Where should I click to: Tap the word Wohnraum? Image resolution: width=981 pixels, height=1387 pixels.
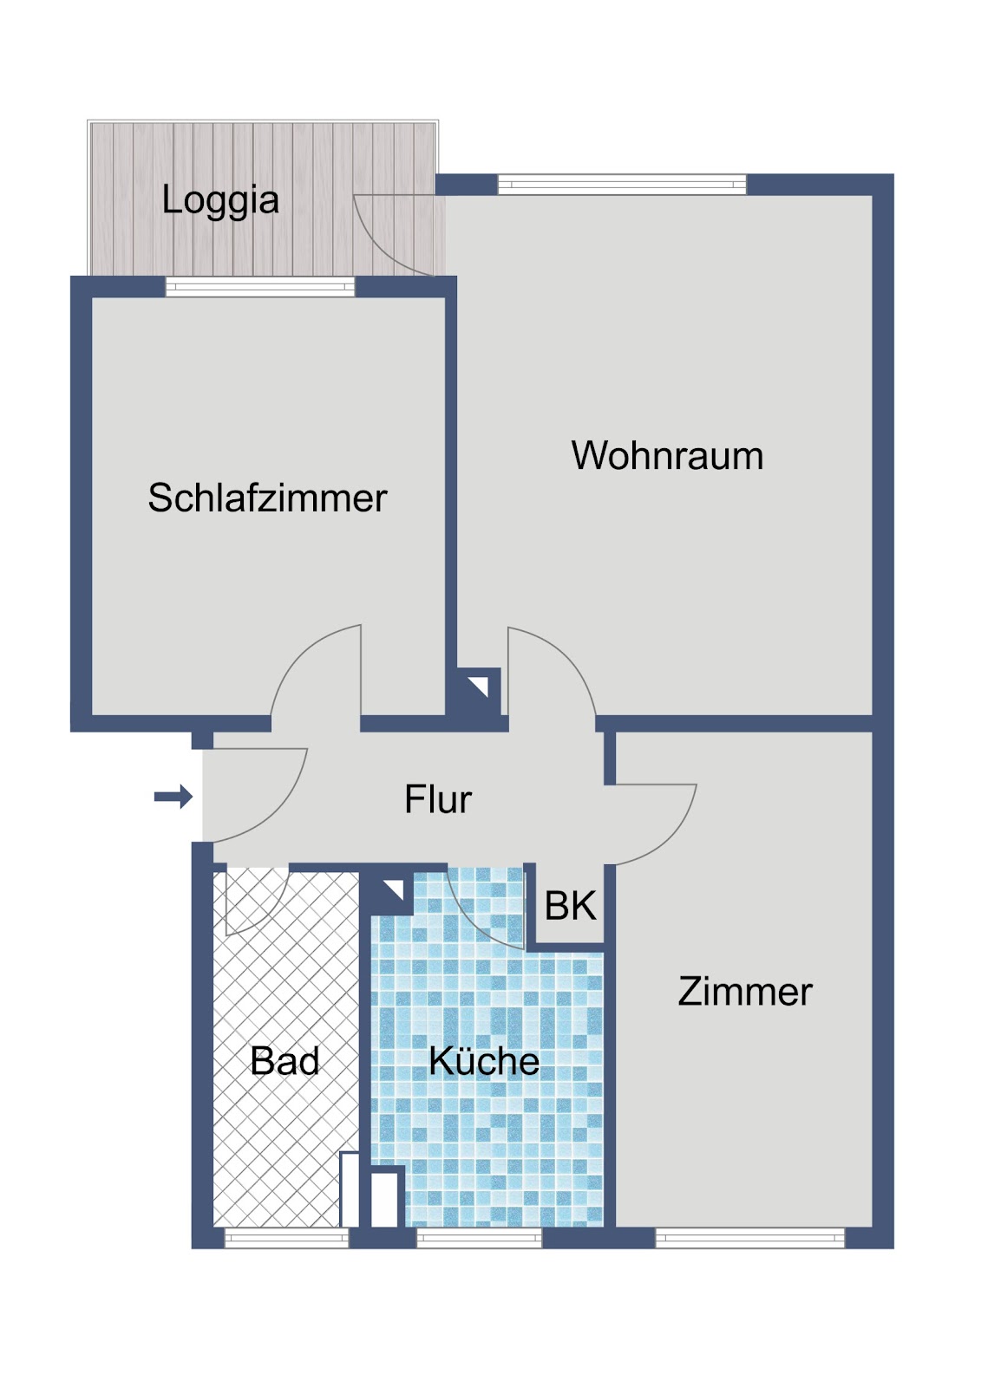(667, 456)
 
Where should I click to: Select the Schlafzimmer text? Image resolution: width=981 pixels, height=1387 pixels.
(267, 498)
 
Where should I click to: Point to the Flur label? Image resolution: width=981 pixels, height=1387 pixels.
(438, 798)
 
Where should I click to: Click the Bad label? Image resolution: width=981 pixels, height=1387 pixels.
(284, 1061)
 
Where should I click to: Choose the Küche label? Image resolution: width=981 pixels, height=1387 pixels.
(484, 1061)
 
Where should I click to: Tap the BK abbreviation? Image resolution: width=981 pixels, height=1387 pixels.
(570, 905)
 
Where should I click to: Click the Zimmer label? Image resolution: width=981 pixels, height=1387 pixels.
(745, 992)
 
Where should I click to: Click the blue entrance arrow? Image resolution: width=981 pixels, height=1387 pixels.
(173, 797)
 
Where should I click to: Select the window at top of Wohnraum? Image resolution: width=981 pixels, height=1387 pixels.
(622, 185)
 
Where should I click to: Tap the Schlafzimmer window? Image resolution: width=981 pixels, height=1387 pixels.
(260, 287)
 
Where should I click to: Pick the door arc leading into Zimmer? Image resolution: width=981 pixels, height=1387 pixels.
(671, 838)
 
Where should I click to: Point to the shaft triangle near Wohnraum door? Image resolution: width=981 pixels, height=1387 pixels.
(481, 686)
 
